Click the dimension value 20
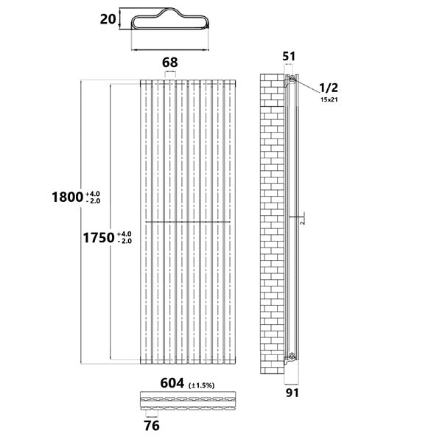107,20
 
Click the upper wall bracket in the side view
292,79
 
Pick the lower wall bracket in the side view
292,357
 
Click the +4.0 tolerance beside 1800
96,192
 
